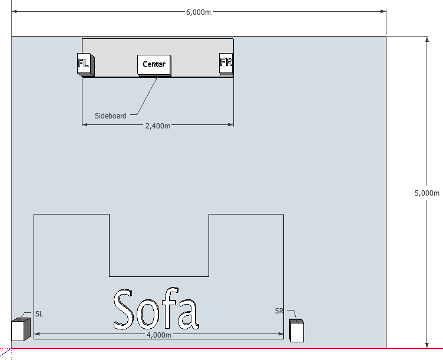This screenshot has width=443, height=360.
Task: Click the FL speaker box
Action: point(85,65)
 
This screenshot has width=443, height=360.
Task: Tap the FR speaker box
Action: point(226,64)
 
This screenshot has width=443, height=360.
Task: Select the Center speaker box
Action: point(154,65)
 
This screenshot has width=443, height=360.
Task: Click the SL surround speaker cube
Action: point(21,329)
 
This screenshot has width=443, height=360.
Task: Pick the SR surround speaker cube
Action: point(297,331)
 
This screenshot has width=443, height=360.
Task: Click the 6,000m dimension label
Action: point(199,12)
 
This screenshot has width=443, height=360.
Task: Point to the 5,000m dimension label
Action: point(427,193)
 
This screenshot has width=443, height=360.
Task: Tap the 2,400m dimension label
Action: point(158,125)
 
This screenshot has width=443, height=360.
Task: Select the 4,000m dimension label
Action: point(159,335)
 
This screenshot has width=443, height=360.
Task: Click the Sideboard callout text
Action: point(111,116)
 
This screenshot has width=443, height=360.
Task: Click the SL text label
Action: point(39,314)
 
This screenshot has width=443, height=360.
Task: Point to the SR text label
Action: point(279,311)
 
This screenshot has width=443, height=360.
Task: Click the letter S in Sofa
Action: point(123,309)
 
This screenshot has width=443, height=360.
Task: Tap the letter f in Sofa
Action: point(170,308)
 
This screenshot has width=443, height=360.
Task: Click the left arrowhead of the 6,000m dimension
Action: point(14,11)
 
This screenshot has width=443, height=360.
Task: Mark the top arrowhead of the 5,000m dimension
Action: point(427,39)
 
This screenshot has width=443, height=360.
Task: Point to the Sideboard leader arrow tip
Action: point(157,77)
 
